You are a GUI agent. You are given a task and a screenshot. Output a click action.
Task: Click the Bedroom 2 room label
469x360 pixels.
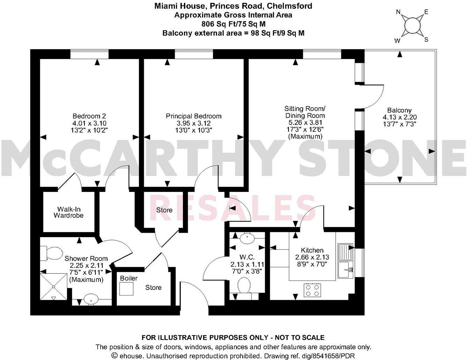(x=89, y=116)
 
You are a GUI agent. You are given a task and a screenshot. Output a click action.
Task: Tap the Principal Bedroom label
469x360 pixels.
(x=193, y=116)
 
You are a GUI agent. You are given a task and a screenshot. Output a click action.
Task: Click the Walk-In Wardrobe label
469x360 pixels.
(x=68, y=212)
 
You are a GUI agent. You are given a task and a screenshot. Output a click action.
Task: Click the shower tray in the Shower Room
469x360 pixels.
(x=53, y=286)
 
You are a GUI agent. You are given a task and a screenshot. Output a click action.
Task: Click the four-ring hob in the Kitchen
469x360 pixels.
(x=312, y=290)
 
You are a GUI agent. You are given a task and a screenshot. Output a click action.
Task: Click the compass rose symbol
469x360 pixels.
(x=412, y=26)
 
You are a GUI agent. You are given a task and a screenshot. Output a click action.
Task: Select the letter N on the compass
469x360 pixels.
(x=398, y=12)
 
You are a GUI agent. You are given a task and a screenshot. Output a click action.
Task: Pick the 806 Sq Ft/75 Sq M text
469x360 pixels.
(x=233, y=24)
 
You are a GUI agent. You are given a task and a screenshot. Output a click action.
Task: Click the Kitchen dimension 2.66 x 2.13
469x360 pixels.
(x=312, y=257)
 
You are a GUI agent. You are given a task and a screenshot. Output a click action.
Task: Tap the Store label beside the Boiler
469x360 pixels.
(x=153, y=287)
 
